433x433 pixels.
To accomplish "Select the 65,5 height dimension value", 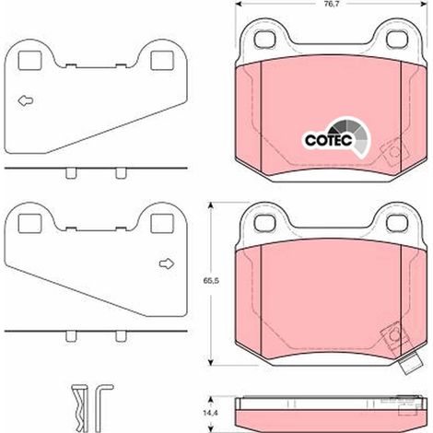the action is click(x=211, y=280).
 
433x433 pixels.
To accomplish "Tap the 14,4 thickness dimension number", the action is click(x=210, y=413).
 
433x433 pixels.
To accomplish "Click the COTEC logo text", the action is click(x=328, y=140).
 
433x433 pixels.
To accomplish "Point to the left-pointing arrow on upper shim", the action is click(x=26, y=100).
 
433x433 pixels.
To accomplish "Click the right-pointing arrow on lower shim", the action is click(x=167, y=263).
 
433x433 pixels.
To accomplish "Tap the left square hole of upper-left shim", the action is click(x=29, y=60).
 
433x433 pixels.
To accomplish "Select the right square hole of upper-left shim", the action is click(x=162, y=60).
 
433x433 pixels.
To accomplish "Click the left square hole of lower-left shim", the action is click(x=29, y=223).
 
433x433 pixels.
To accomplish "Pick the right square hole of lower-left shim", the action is click(x=162, y=223).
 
